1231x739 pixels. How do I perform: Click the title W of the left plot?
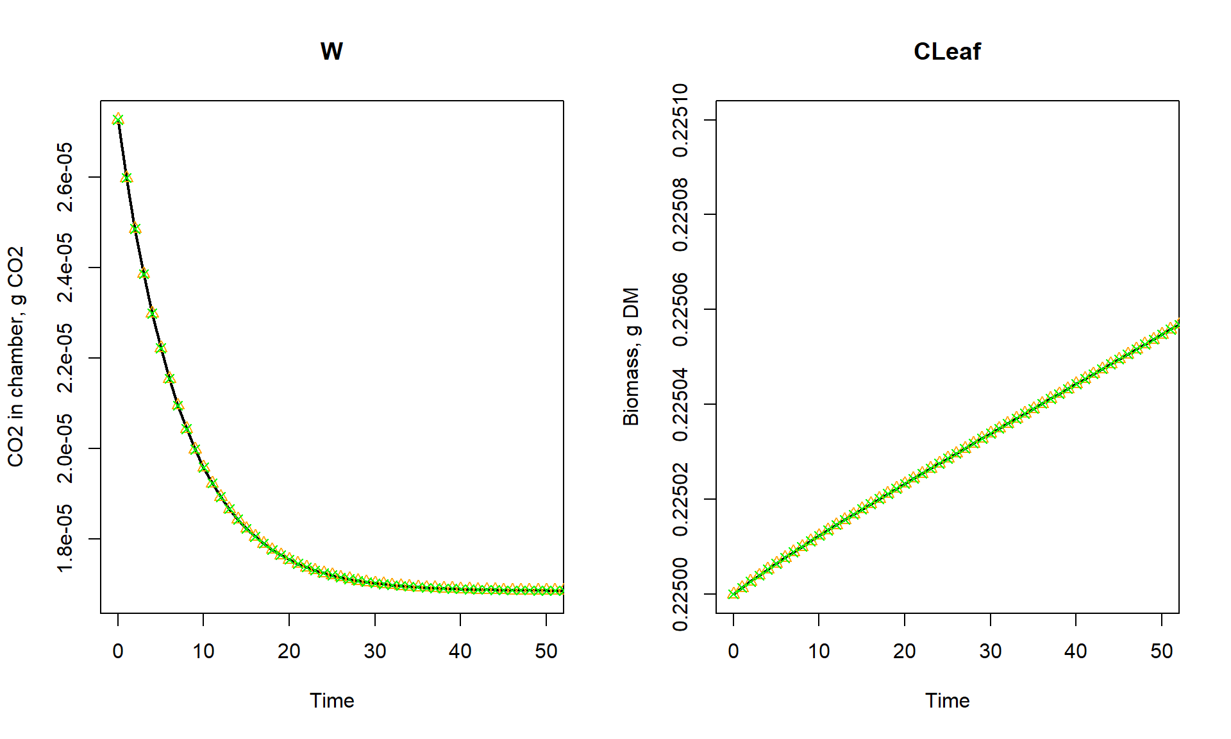(331, 51)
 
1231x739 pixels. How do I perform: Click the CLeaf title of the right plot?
(947, 51)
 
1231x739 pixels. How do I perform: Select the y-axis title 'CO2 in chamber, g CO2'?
(16, 357)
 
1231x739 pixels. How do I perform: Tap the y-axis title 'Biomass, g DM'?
(632, 357)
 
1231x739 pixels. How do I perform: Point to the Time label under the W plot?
(331, 701)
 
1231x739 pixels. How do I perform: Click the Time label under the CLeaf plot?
(947, 701)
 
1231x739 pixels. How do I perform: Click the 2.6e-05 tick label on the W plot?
(65, 177)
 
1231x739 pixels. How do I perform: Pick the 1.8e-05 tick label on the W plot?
(65, 539)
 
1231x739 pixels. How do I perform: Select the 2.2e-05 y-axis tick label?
(65, 358)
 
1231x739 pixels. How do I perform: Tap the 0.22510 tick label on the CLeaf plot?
(681, 120)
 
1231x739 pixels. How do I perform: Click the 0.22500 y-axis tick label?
(681, 594)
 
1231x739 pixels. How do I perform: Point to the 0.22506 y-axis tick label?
(681, 310)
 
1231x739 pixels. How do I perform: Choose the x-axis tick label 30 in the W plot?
(375, 652)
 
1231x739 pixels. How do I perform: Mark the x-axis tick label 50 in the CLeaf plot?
(1162, 652)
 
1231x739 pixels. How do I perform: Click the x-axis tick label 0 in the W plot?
(118, 652)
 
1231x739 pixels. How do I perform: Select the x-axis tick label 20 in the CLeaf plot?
(905, 652)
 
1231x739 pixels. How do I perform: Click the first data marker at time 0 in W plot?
(118, 119)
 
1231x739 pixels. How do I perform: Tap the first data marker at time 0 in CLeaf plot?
(733, 594)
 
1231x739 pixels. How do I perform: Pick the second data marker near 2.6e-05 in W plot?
(126, 177)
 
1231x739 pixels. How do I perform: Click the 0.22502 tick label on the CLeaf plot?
(681, 499)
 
